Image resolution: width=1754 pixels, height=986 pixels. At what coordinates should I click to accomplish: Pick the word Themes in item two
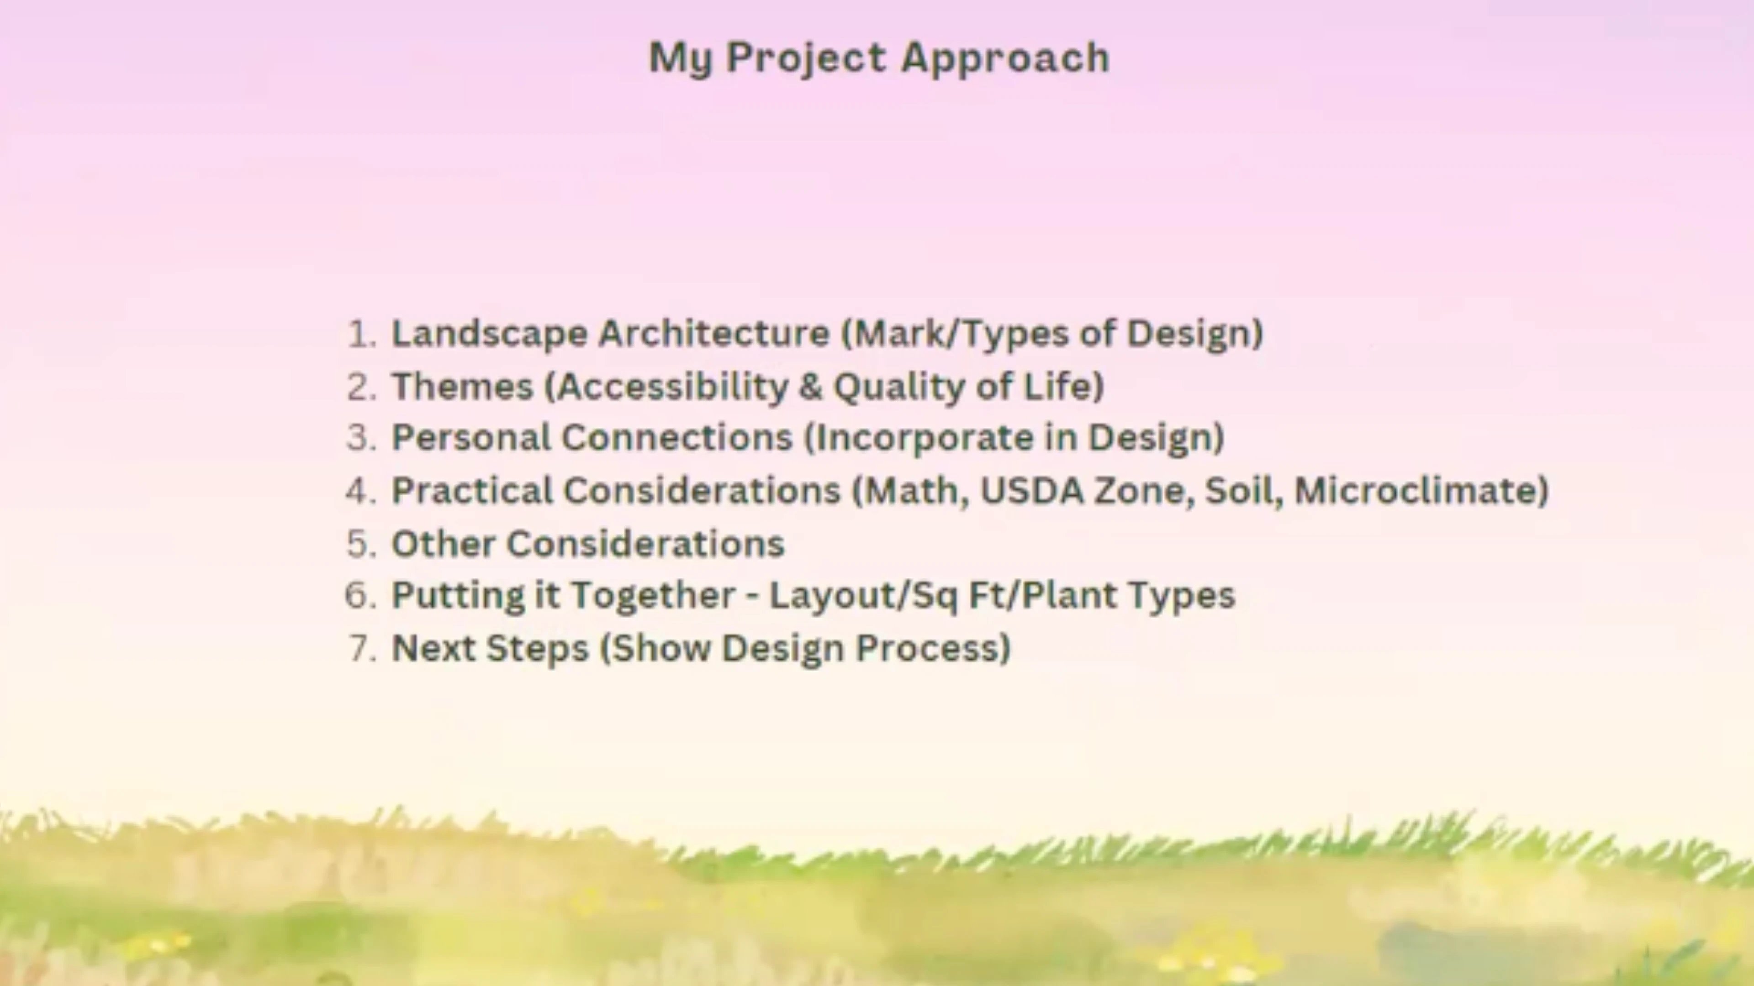(x=462, y=386)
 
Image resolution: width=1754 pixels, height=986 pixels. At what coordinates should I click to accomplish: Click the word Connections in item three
(x=677, y=438)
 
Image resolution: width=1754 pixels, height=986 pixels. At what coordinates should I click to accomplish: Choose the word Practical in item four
(x=472, y=491)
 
